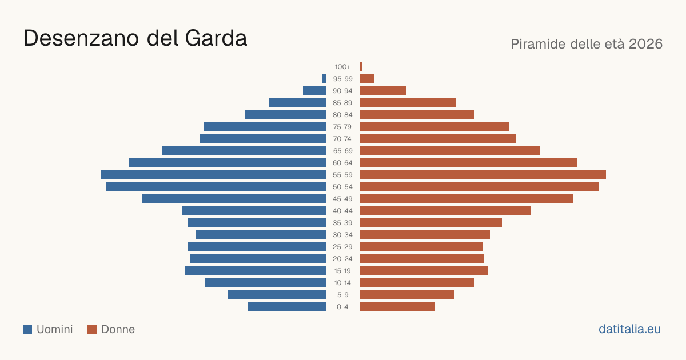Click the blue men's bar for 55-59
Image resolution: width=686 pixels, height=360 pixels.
pos(213,174)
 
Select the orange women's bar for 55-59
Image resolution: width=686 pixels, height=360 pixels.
pos(483,174)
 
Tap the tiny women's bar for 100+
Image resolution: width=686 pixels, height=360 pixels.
pos(361,66)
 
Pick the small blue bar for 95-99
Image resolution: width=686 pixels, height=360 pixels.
pos(324,79)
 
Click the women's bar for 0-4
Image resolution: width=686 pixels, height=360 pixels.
pos(397,307)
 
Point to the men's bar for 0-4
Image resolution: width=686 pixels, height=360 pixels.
pos(287,307)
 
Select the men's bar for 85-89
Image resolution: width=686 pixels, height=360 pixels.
pos(297,102)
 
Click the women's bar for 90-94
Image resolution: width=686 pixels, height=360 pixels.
pos(383,91)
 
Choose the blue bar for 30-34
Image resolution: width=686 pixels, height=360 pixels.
pos(261,235)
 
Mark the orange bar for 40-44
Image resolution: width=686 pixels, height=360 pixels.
pos(445,211)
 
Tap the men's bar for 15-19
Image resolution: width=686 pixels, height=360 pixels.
pos(256,271)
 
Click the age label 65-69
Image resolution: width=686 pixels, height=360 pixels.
pos(342,151)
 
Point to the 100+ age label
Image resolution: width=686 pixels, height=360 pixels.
pos(342,67)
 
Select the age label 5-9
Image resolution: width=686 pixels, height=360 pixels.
pos(342,295)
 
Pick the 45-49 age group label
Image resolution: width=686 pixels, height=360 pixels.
pos(342,199)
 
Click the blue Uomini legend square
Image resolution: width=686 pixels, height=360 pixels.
pos(27,329)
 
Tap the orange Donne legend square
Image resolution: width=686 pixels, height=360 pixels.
pos(92,329)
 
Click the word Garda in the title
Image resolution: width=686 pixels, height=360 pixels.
pos(216,38)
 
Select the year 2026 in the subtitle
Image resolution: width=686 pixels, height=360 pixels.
pos(645,44)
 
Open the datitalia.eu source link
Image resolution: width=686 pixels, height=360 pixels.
pos(629,329)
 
